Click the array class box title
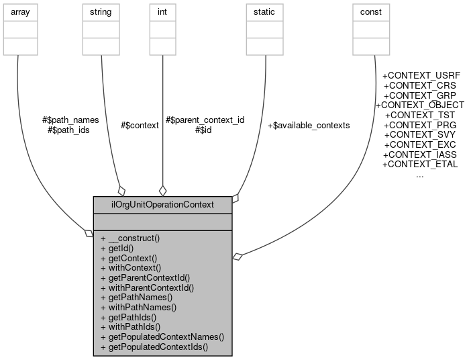tap(20, 12)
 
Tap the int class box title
tap(162, 12)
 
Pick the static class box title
tap(265, 12)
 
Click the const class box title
tap(371, 12)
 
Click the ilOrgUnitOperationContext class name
tap(162, 204)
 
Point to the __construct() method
tap(131, 238)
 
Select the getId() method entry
tap(116, 248)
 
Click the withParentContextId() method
tap(147, 287)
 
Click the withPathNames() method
tap(138, 307)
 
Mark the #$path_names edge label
tap(70, 120)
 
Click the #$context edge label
tap(140, 125)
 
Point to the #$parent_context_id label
tap(205, 120)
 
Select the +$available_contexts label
tap(308, 125)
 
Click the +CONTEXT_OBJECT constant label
tap(419, 105)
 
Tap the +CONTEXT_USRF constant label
tap(419, 76)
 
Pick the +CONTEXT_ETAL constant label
tap(419, 164)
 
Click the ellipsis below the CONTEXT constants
tap(419, 175)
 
